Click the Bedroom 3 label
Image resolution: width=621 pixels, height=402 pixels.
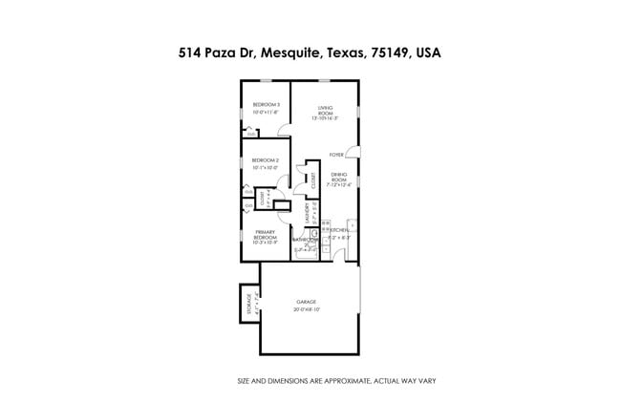point(266,104)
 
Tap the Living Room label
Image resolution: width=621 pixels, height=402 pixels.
point(326,108)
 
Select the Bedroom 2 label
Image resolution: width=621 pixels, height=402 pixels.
point(266,160)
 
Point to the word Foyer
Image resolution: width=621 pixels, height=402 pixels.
point(336,154)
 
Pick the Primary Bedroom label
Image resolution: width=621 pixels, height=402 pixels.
point(265,234)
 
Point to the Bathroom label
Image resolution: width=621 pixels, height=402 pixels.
point(307,240)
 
